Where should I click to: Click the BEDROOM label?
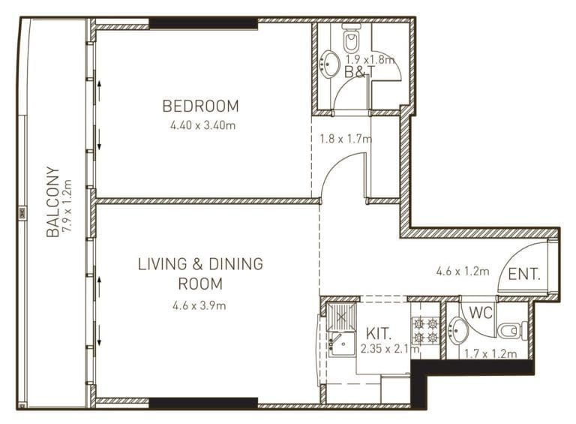click(201, 106)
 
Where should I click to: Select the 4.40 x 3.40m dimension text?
click(202, 125)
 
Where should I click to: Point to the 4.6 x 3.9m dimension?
click(199, 305)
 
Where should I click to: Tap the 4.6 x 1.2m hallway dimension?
click(462, 271)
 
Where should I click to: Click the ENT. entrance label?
click(523, 275)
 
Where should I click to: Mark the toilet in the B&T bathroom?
click(351, 40)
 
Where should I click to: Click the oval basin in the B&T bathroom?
click(329, 63)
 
